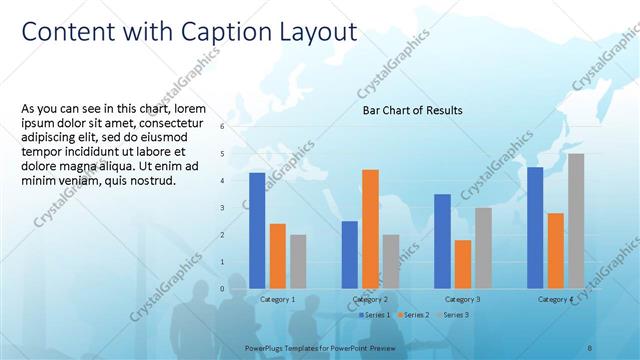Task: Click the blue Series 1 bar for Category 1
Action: click(257, 231)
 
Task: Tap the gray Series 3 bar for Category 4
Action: click(576, 221)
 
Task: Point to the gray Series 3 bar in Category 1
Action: click(298, 262)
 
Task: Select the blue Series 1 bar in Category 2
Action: click(349, 255)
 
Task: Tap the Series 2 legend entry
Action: click(414, 314)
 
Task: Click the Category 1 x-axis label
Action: click(277, 300)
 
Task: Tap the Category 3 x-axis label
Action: click(462, 300)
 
